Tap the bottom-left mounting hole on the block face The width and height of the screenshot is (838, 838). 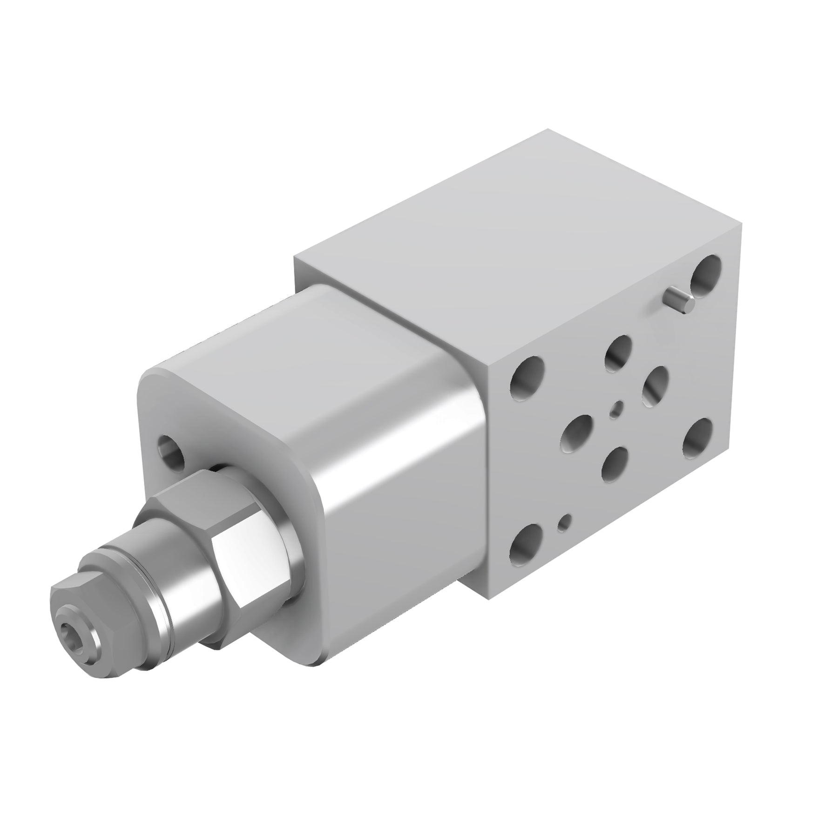pyautogui.click(x=526, y=543)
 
